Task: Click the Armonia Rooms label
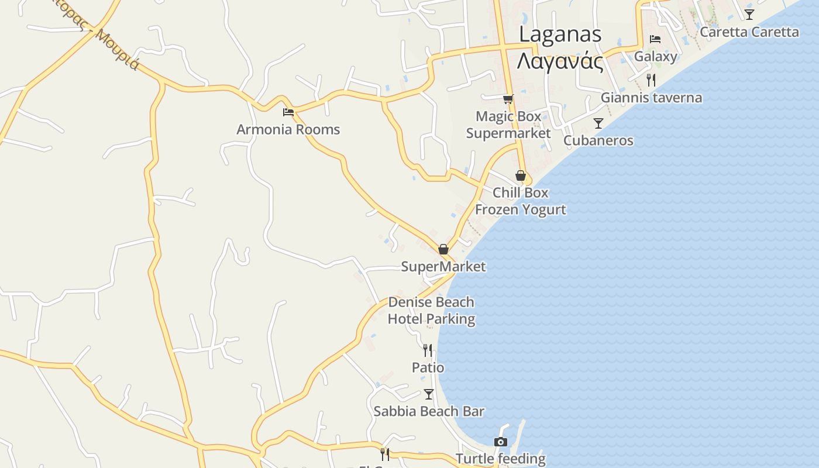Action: point(288,129)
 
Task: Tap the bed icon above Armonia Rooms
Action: point(288,112)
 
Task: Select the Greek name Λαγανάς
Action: point(560,61)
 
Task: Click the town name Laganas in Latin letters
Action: point(560,34)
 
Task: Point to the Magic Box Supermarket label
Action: point(508,125)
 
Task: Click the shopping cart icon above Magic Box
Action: point(508,99)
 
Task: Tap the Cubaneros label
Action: point(598,140)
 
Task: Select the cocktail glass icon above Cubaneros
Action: point(598,123)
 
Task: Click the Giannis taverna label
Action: point(651,97)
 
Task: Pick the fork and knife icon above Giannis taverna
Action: point(651,80)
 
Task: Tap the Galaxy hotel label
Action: point(655,56)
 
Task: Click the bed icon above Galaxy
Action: point(655,39)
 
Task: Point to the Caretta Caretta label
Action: point(749,32)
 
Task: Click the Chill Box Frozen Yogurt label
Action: point(520,201)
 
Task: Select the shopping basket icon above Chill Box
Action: point(520,175)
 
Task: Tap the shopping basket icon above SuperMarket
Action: point(443,249)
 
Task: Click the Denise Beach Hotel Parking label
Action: point(431,311)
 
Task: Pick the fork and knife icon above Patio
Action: point(428,350)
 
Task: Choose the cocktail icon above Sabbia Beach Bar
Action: point(429,394)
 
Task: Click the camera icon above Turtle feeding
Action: point(500,442)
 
